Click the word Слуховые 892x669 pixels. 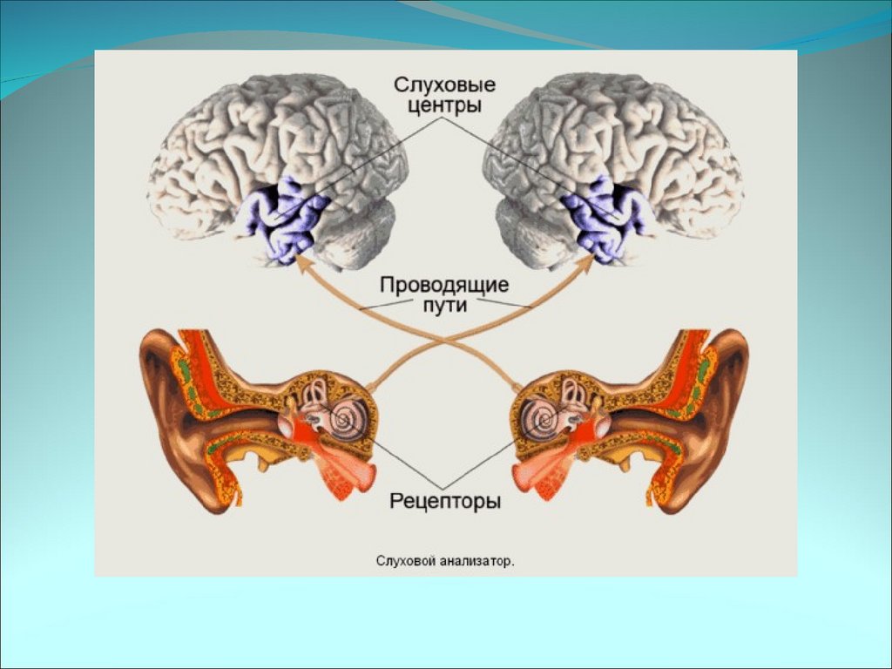pyautogui.click(x=444, y=85)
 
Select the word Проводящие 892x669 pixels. pyautogui.click(x=444, y=285)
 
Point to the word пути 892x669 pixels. pyautogui.click(x=445, y=306)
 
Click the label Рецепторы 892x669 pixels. pyautogui.click(x=445, y=502)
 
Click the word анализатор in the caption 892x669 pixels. pyautogui.click(x=476, y=562)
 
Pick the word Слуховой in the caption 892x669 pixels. pyautogui.click(x=405, y=562)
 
